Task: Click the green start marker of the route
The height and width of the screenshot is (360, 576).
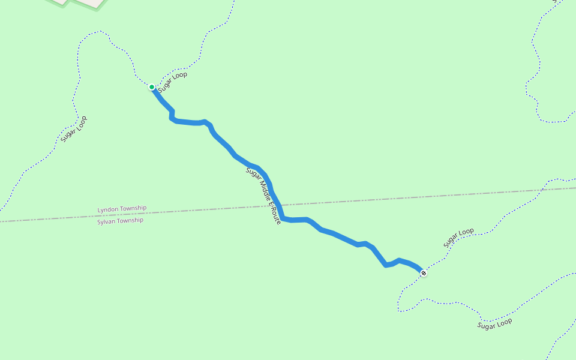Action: (x=152, y=87)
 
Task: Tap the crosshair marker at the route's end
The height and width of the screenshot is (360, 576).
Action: (x=424, y=273)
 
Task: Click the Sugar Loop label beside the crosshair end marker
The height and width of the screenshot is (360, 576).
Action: (x=459, y=238)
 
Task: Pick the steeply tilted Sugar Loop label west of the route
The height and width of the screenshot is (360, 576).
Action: (x=74, y=129)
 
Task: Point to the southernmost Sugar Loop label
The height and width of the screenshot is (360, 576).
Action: (x=495, y=324)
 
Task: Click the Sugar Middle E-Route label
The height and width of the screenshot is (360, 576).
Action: (x=263, y=196)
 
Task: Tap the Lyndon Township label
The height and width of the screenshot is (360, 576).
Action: (x=122, y=209)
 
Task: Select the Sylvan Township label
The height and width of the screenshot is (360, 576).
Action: (x=121, y=221)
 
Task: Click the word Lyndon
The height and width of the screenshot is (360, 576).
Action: (x=108, y=209)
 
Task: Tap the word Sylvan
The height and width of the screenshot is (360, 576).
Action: (x=107, y=221)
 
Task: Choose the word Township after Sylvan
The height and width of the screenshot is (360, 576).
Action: (x=131, y=220)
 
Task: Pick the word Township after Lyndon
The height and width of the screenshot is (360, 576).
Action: (x=133, y=208)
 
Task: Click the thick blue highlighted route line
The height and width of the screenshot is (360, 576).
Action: (x=336, y=235)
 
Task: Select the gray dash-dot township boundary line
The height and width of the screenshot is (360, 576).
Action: (x=420, y=197)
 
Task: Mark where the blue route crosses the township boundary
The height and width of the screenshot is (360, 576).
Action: (x=278, y=205)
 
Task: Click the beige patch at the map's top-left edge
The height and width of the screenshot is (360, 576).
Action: (x=84, y=2)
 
